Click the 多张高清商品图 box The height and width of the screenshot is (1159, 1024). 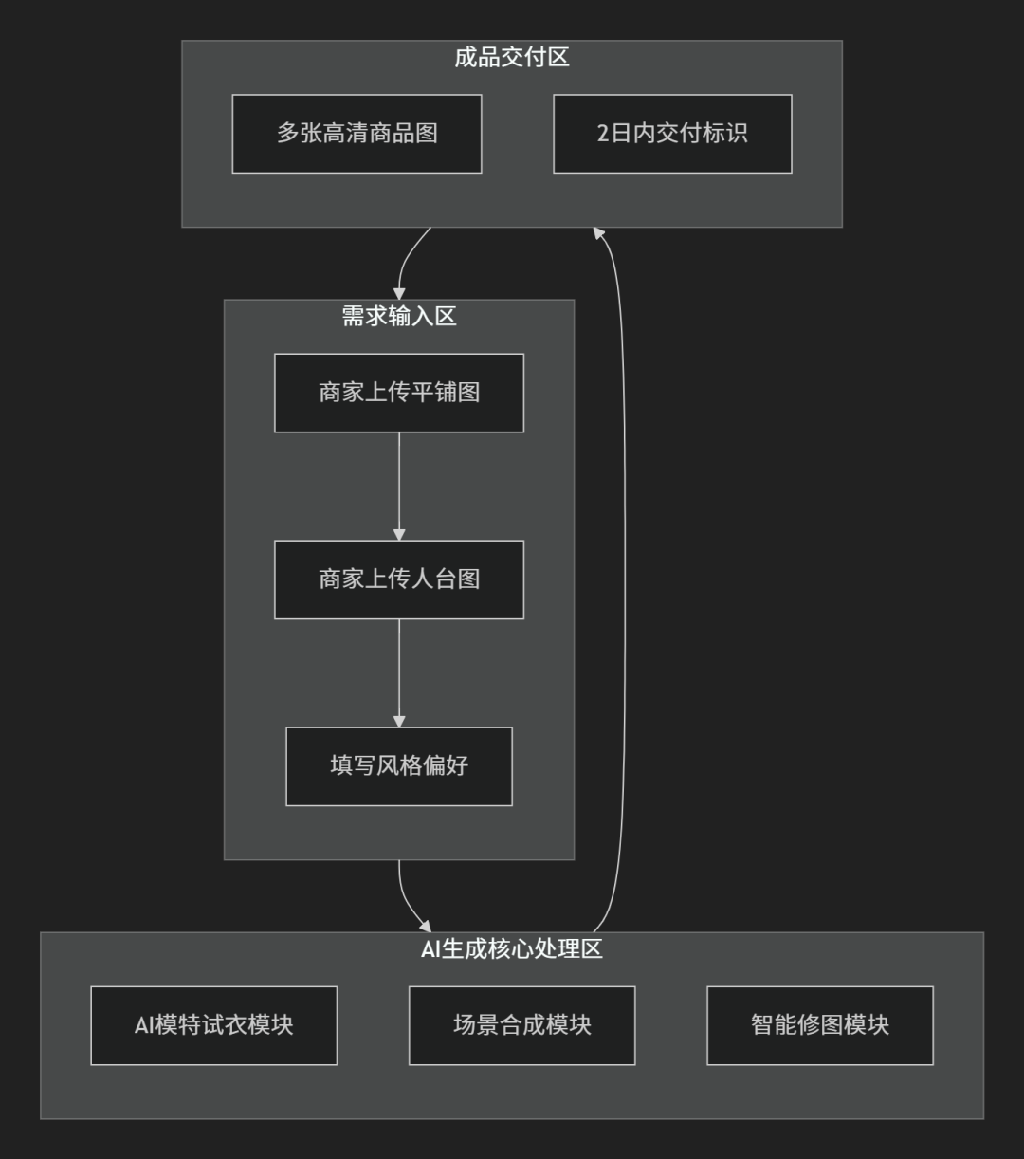pyautogui.click(x=357, y=134)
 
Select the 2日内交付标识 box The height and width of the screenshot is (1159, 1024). pyautogui.click(x=673, y=134)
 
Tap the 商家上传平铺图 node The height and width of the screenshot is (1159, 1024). pyautogui.click(x=399, y=393)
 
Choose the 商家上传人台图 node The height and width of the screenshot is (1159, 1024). pyautogui.click(x=399, y=579)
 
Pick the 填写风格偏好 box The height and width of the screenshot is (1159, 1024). pyautogui.click(x=399, y=766)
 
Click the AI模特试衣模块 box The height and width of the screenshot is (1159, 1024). pyautogui.click(x=214, y=1025)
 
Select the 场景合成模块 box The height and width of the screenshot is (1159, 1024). pyautogui.click(x=522, y=1025)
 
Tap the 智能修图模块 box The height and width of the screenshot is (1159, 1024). pyautogui.click(x=820, y=1025)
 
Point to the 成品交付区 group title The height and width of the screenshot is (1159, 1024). pyautogui.click(x=512, y=57)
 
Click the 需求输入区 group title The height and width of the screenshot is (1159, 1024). pyautogui.click(x=399, y=317)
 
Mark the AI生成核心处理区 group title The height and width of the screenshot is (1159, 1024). pyautogui.click(x=512, y=949)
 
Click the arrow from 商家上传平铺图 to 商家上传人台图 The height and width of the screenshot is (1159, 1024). pyautogui.click(x=399, y=487)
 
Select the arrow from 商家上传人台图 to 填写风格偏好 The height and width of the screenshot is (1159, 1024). pyautogui.click(x=399, y=673)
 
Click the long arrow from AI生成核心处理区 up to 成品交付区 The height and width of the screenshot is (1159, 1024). pyautogui.click(x=624, y=579)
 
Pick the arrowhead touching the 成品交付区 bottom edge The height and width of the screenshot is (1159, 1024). pyautogui.click(x=598, y=233)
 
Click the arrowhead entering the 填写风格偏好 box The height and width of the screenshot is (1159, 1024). pyautogui.click(x=399, y=722)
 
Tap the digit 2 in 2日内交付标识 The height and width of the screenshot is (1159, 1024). pyautogui.click(x=603, y=134)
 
